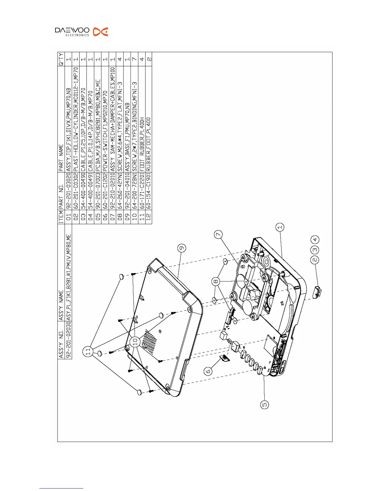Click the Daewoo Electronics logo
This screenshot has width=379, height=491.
point(81,32)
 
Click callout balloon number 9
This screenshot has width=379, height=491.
point(182,248)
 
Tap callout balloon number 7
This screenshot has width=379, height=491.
point(219,235)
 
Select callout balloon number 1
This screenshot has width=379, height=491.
point(280,228)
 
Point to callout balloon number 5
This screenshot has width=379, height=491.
point(264,405)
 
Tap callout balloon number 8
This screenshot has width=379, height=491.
point(216,281)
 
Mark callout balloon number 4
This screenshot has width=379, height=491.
point(315,240)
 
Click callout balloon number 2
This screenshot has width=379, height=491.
point(315,260)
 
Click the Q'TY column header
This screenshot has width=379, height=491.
point(61,59)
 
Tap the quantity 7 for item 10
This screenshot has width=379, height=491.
point(134,59)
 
